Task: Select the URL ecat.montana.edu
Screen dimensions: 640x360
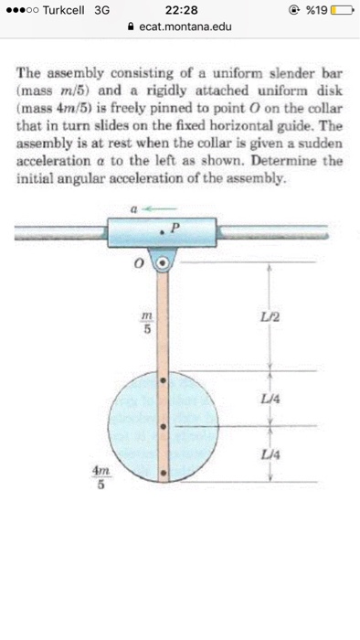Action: (185, 27)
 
